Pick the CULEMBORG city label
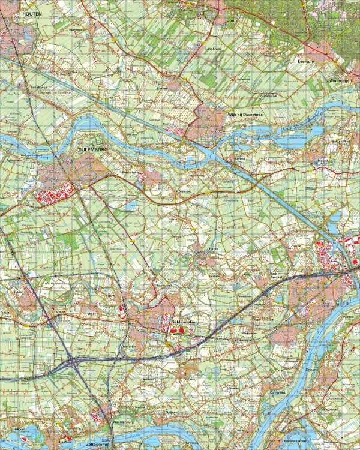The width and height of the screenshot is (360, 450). [94, 146]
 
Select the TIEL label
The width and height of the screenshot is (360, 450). [346, 305]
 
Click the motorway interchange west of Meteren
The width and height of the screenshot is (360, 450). [73, 362]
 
